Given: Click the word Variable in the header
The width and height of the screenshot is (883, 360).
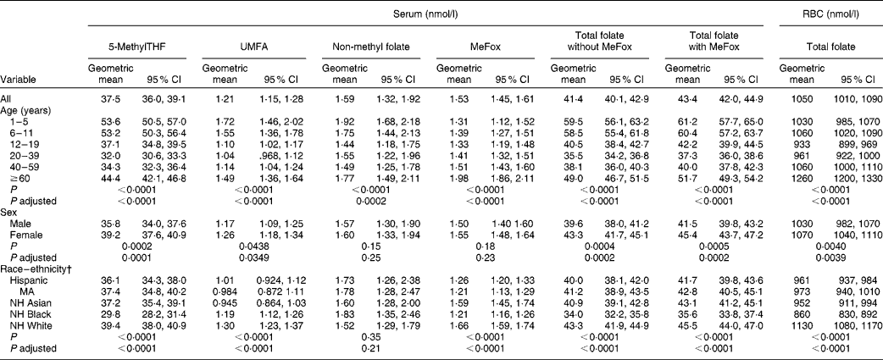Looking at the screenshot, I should (20, 80).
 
